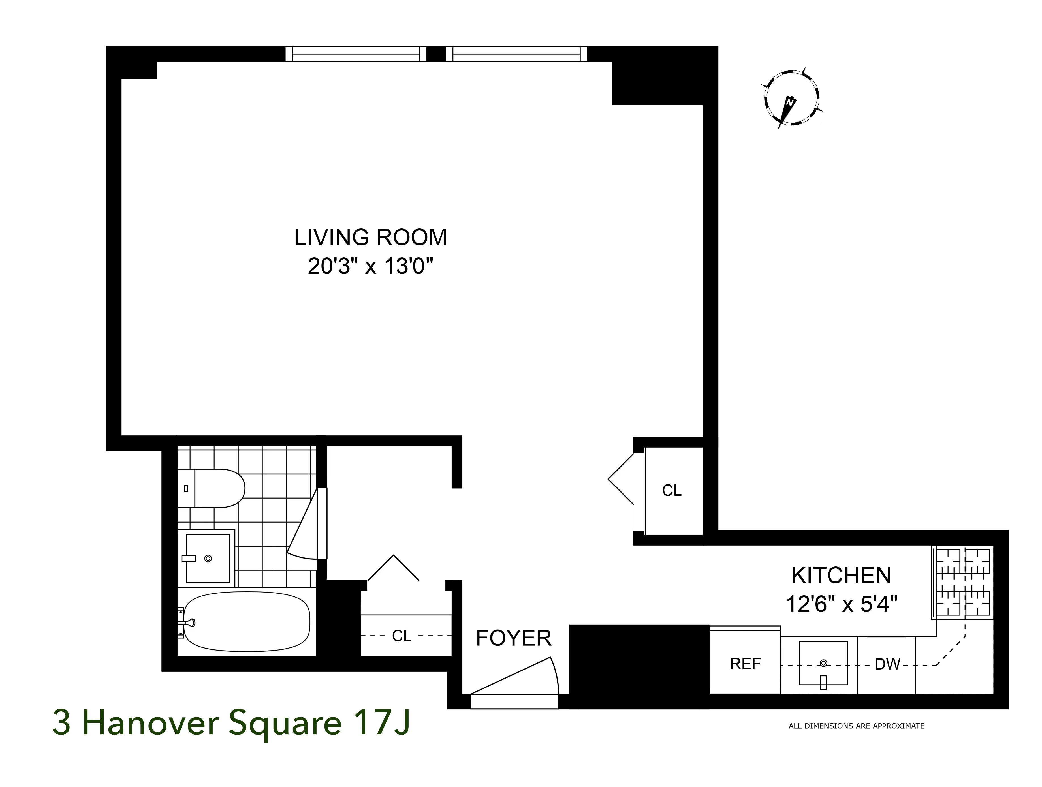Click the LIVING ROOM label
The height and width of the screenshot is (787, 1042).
tap(370, 237)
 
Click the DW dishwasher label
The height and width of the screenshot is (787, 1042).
tap(887, 664)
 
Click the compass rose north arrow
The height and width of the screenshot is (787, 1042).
tap(791, 99)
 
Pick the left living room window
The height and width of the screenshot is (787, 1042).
tap(356, 54)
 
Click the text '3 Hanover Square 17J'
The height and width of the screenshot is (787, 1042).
tap(231, 723)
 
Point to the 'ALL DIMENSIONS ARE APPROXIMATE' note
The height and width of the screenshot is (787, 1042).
tap(857, 726)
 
